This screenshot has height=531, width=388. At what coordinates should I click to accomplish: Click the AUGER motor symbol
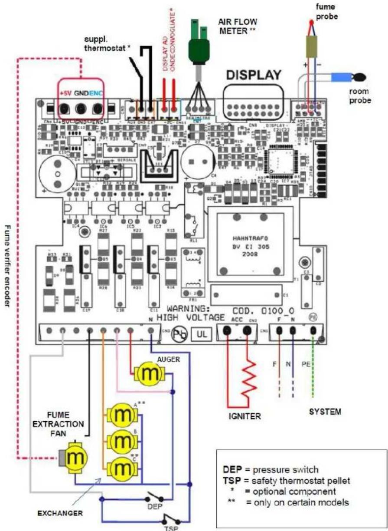pyautogui.click(x=149, y=374)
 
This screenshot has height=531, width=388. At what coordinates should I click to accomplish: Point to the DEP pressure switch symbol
pyautogui.click(x=155, y=496)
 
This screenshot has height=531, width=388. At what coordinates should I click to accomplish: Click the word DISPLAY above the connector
pyautogui.click(x=253, y=75)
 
